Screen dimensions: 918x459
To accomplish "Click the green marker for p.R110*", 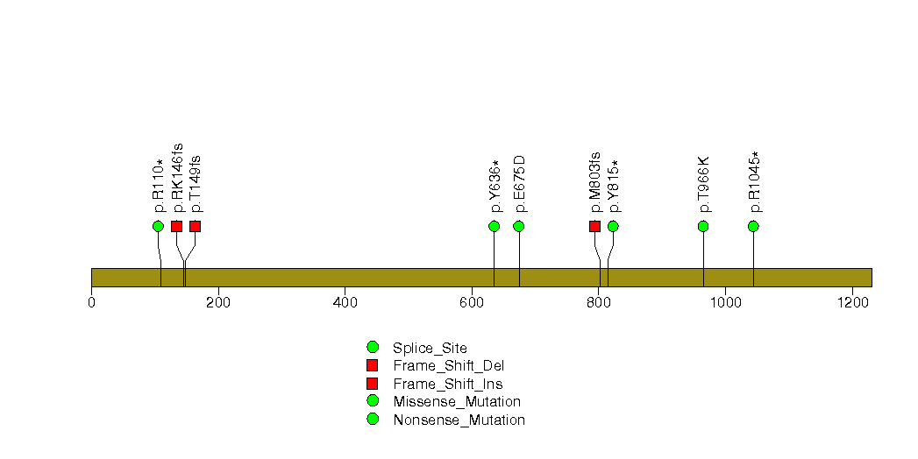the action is click(158, 226).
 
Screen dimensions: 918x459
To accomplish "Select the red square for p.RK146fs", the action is click(177, 226).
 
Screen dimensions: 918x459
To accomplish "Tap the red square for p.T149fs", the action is click(195, 226).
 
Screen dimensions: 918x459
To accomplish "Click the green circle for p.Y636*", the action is click(495, 226).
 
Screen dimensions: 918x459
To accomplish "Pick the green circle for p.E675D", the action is click(519, 226).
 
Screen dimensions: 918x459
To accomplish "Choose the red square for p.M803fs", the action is click(594, 226).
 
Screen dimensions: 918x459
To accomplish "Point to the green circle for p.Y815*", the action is click(613, 226).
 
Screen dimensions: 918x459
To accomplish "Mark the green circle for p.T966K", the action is click(703, 226).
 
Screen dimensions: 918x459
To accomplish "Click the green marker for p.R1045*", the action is click(753, 226).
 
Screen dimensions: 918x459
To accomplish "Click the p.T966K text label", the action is click(704, 184).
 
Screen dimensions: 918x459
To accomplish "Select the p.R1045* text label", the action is click(754, 182).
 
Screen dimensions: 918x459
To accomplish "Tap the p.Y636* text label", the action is click(495, 186).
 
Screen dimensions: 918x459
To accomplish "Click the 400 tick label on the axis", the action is click(345, 302).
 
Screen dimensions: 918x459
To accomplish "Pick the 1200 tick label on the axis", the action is click(852, 302).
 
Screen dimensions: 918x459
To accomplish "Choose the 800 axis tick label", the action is click(598, 302).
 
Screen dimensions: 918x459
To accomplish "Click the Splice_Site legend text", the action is click(430, 349).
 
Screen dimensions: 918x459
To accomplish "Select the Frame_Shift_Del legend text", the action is click(448, 366).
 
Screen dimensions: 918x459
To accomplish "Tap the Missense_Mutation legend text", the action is click(457, 402).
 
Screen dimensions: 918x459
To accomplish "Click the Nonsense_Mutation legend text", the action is click(459, 420).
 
